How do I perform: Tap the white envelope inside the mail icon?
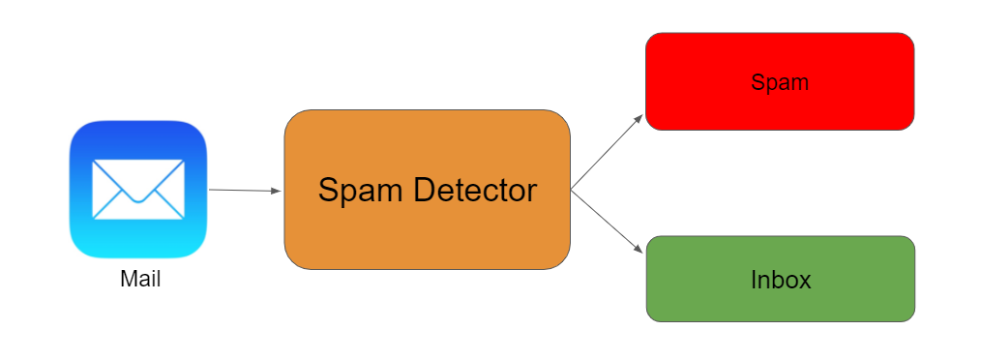coord(138,189)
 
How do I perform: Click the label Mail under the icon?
coord(140,281)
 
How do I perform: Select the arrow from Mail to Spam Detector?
coord(242,191)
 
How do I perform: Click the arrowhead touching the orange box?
coord(277,192)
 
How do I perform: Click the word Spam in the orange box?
coord(361,191)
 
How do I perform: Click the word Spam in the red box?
coord(780,82)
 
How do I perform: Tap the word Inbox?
coord(780,281)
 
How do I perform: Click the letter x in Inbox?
coord(804,282)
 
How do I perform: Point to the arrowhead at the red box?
coord(639,117)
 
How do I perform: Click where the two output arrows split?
coord(572,189)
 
